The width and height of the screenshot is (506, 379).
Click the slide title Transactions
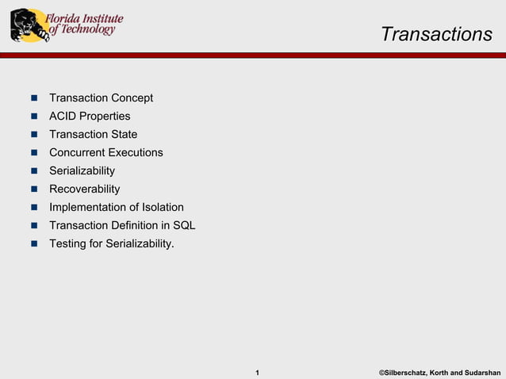click(436, 35)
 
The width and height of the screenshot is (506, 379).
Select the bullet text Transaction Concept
click(101, 98)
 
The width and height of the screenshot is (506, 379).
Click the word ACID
click(63, 117)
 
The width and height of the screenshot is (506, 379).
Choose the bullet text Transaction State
click(93, 135)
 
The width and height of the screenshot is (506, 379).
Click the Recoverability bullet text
click(84, 189)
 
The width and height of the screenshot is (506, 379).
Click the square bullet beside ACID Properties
click(34, 117)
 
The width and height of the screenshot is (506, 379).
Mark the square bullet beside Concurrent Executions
click(34, 153)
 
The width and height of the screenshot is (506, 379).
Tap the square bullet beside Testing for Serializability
click(34, 244)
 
